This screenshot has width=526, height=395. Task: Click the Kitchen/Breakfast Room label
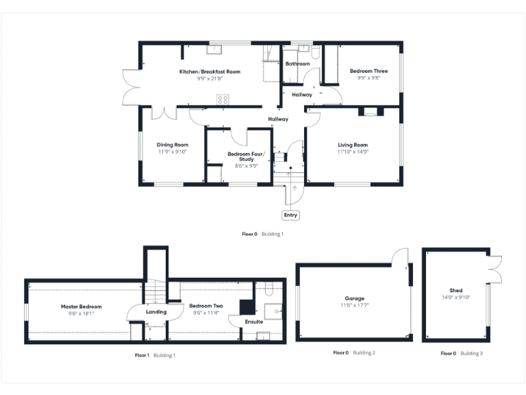point(210,71)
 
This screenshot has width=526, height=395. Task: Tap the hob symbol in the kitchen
point(223,99)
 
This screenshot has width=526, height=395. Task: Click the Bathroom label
point(298,64)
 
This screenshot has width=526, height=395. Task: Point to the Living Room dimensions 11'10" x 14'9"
point(353,152)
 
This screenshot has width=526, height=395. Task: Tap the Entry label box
point(291,215)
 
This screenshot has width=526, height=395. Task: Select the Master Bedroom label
point(81,306)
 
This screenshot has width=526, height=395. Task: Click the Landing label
point(156,312)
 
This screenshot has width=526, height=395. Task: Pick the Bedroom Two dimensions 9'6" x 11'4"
point(203,313)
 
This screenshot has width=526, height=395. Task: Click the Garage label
point(354,299)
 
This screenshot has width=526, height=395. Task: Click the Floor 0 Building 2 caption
point(354,352)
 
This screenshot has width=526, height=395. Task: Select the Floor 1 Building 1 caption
point(155,355)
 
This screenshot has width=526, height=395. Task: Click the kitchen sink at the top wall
point(213,49)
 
